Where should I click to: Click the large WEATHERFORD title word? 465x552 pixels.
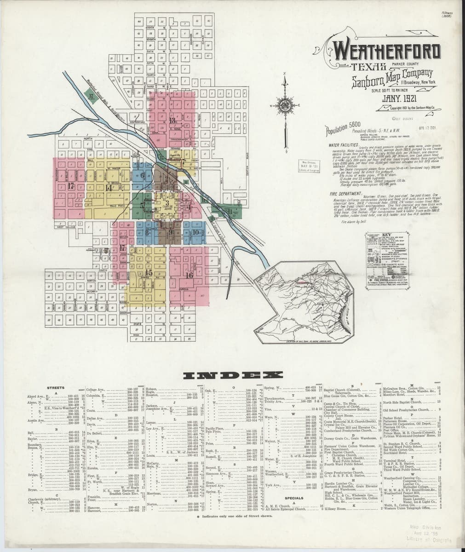[386, 52]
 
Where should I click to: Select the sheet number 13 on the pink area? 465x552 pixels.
[173, 121]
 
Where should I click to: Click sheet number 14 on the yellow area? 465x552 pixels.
[109, 187]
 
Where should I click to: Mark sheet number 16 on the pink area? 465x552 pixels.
[189, 275]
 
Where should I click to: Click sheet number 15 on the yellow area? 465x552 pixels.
[148, 273]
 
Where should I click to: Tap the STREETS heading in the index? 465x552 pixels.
[56, 388]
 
